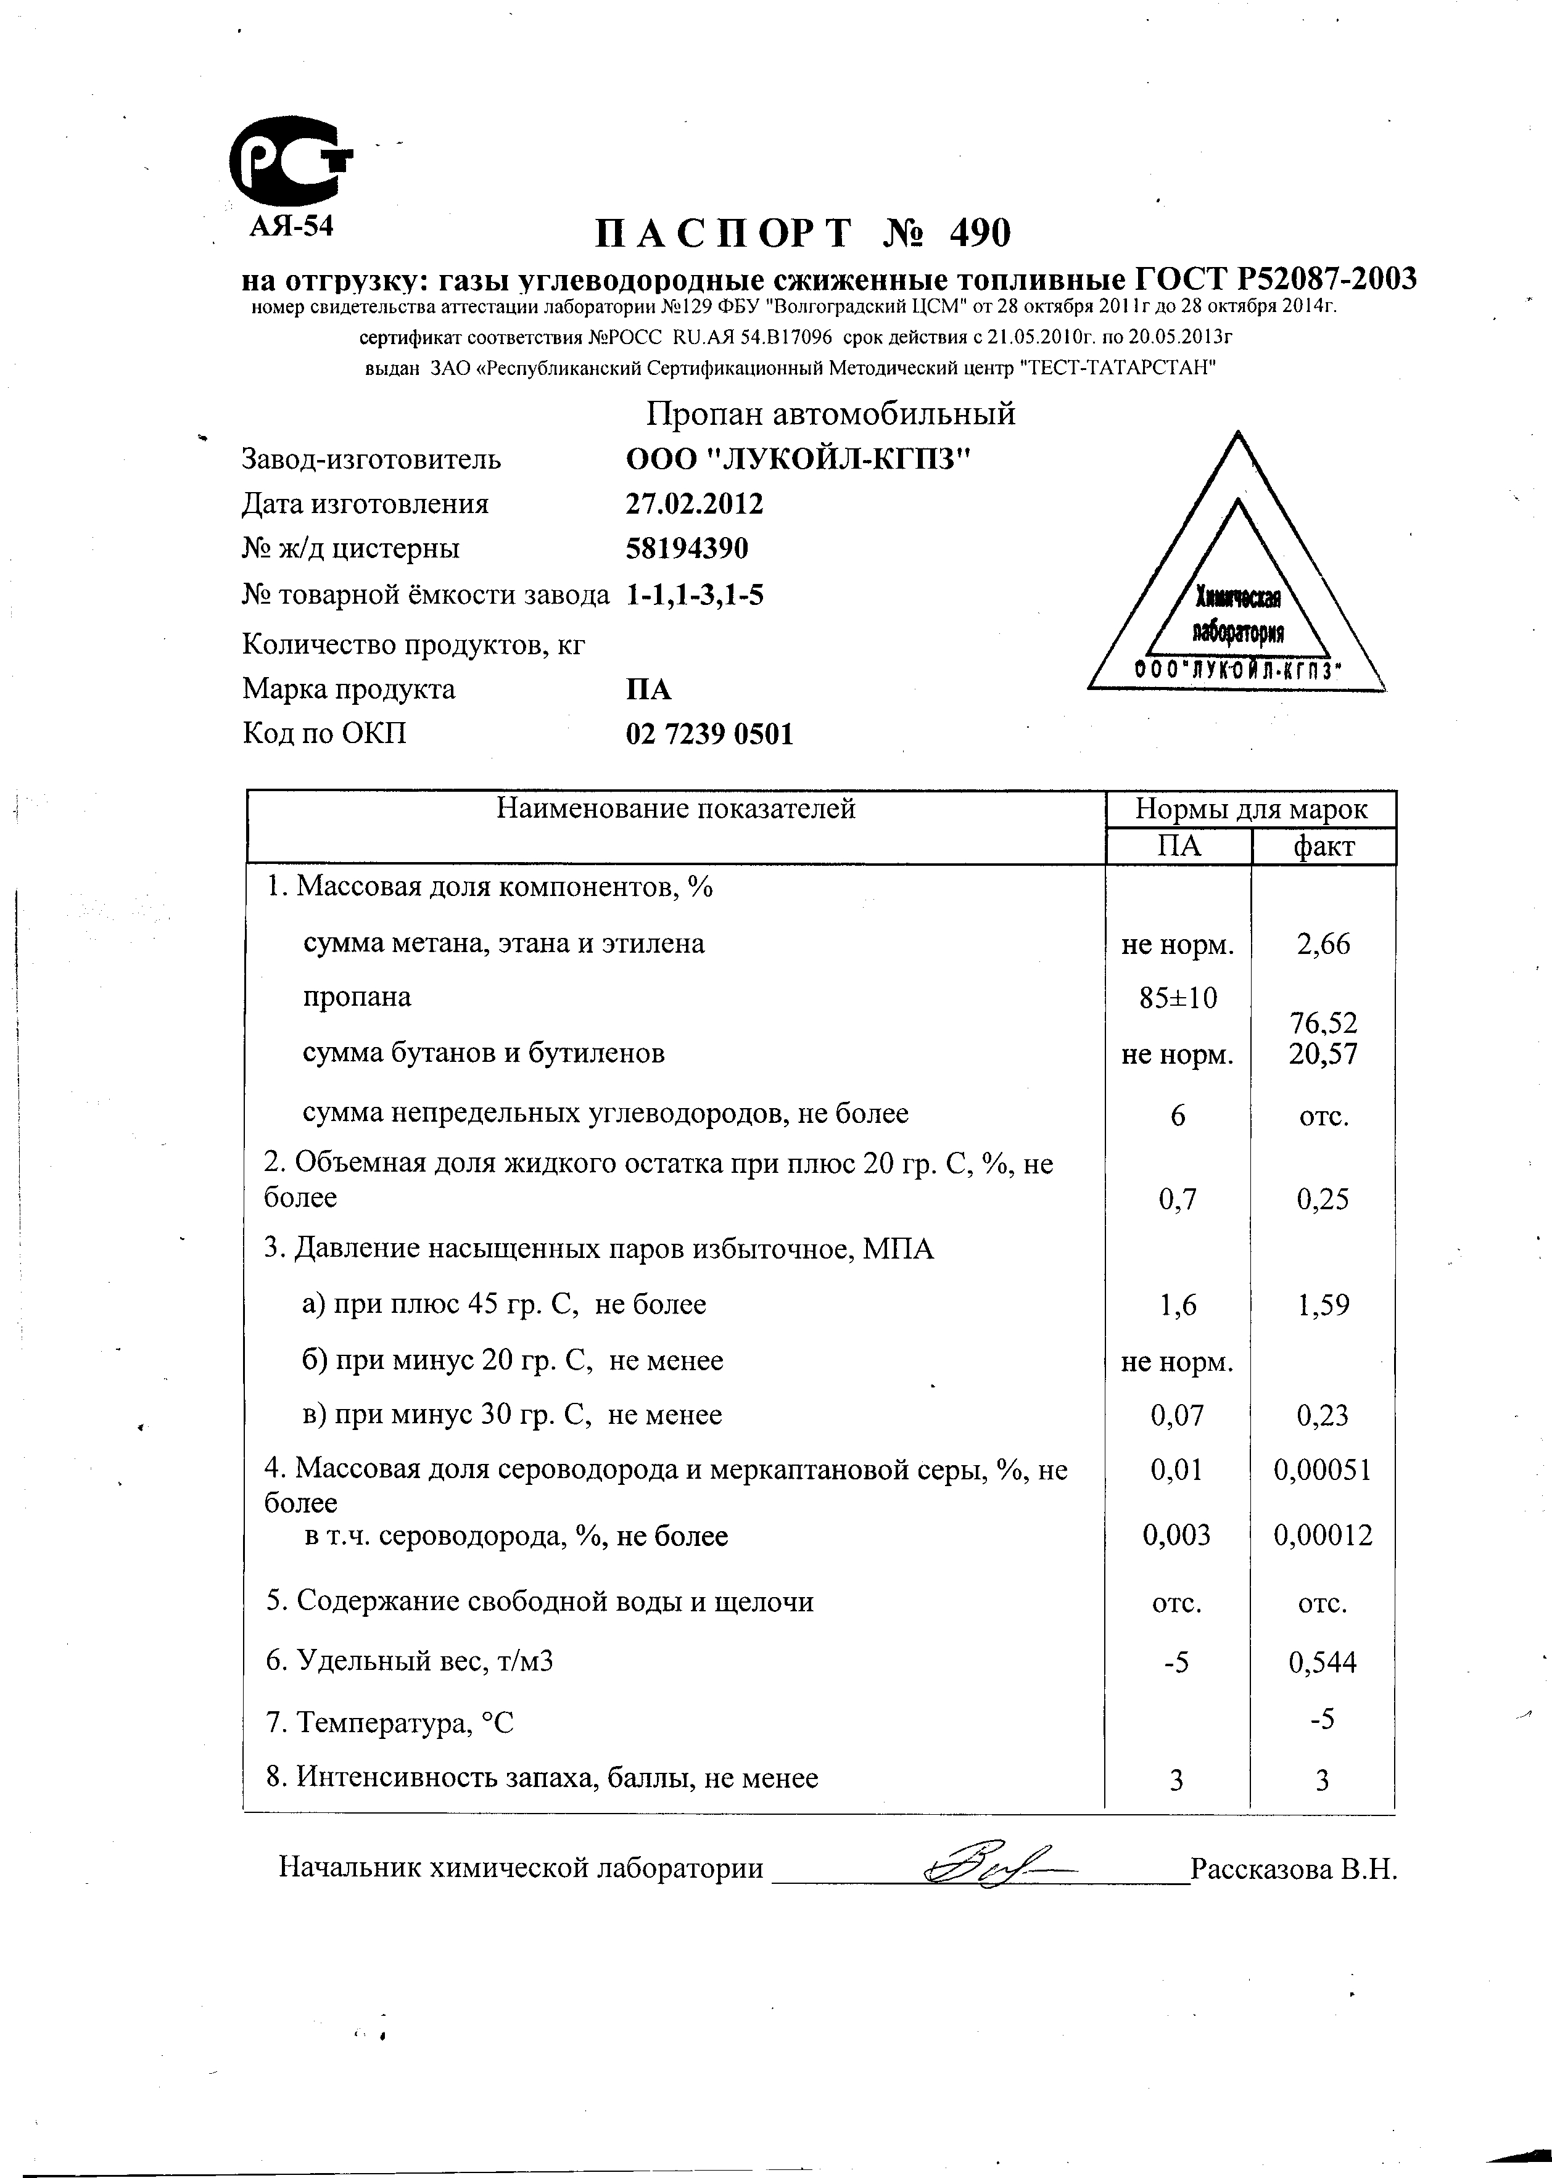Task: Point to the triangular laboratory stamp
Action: (1237, 592)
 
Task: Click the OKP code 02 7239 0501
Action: (709, 734)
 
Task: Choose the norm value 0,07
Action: (1178, 1415)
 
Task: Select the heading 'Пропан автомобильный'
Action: (830, 414)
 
